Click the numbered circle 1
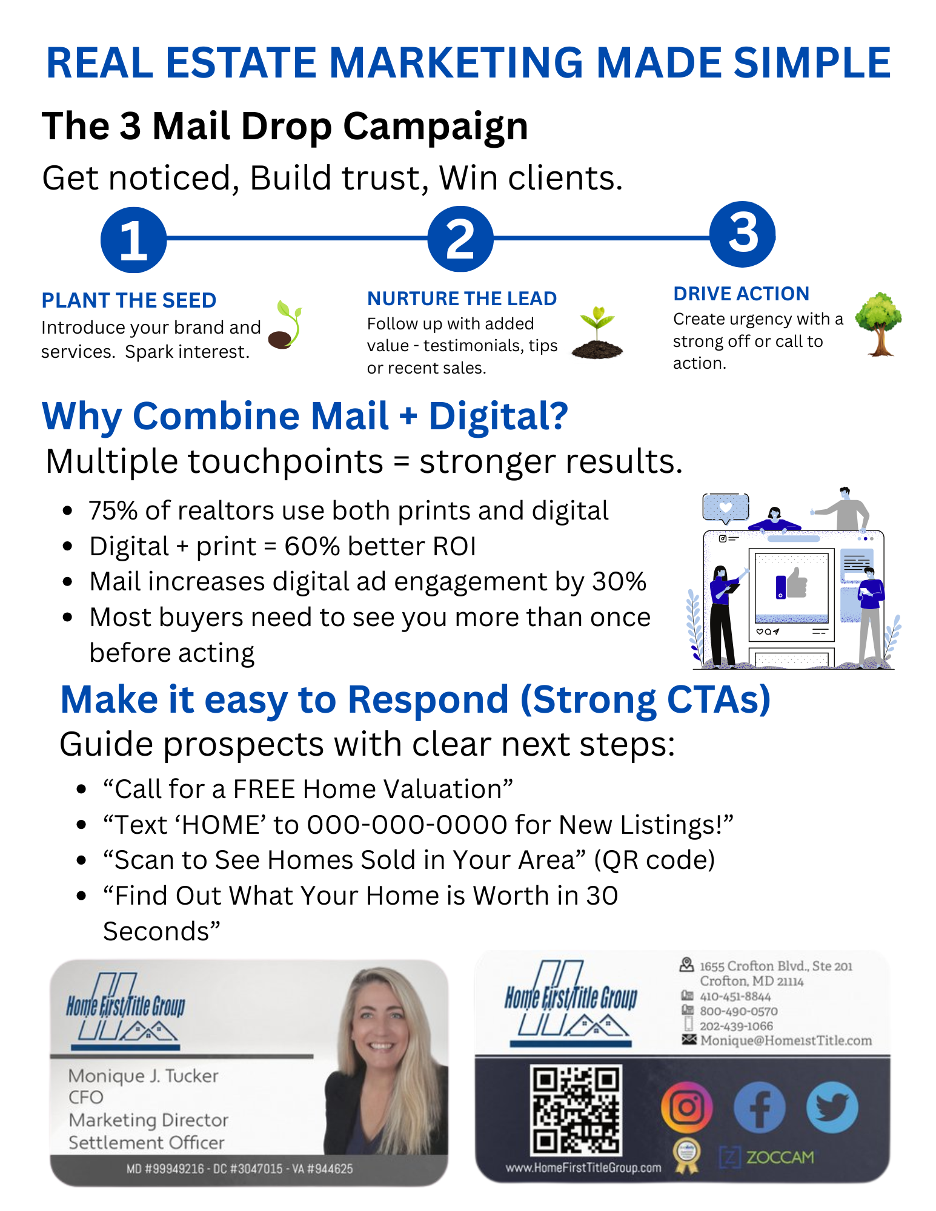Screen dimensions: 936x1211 pos(133,240)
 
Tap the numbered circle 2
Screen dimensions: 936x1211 pos(460,239)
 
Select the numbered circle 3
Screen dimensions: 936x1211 pos(743,234)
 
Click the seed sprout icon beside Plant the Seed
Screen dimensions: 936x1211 pos(285,325)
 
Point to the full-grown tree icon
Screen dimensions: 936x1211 pos(878,324)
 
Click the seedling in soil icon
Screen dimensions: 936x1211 pos(597,332)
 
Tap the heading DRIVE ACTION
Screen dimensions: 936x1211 pos(741,294)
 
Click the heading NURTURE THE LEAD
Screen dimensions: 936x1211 pos(462,299)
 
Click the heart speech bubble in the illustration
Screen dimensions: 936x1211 pos(726,508)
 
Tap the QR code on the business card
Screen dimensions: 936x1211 pos(576,1110)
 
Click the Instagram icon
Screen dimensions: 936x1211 pos(687,1107)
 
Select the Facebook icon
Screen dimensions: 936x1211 pos(759,1107)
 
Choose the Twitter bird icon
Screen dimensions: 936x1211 pos(832,1107)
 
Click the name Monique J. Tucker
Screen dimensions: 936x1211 pos(143,1076)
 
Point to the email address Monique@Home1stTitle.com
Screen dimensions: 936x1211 pos(786,1040)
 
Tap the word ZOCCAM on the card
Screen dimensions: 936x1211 pos(780,1157)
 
